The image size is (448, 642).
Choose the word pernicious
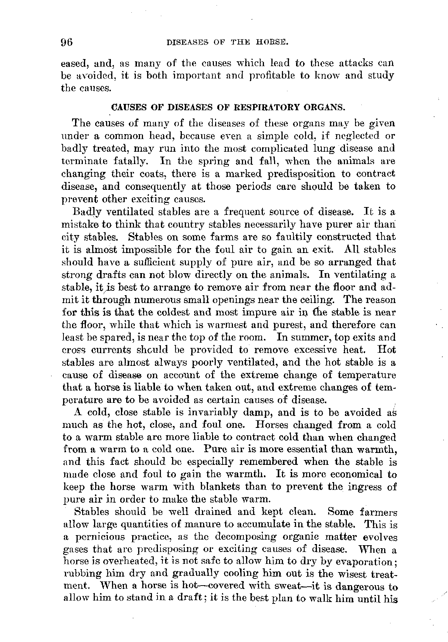point(94,537)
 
